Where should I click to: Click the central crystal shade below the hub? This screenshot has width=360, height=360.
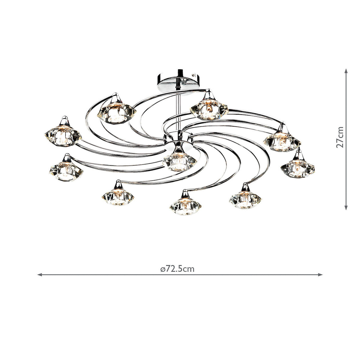tap(179, 160)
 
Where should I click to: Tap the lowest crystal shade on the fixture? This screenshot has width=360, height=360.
tap(185, 206)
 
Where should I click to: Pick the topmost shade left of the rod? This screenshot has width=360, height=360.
tap(117, 111)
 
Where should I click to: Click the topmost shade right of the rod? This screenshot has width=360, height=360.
tap(209, 109)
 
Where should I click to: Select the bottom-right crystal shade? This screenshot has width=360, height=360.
tap(245, 199)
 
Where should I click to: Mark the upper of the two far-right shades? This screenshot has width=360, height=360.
tap(282, 139)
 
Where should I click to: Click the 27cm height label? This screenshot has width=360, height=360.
tap(340, 137)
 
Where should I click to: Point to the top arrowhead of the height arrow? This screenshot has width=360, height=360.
tap(346, 71)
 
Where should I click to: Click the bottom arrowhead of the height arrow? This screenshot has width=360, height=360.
tap(346, 208)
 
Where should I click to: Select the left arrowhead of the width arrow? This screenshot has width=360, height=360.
tap(39, 274)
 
